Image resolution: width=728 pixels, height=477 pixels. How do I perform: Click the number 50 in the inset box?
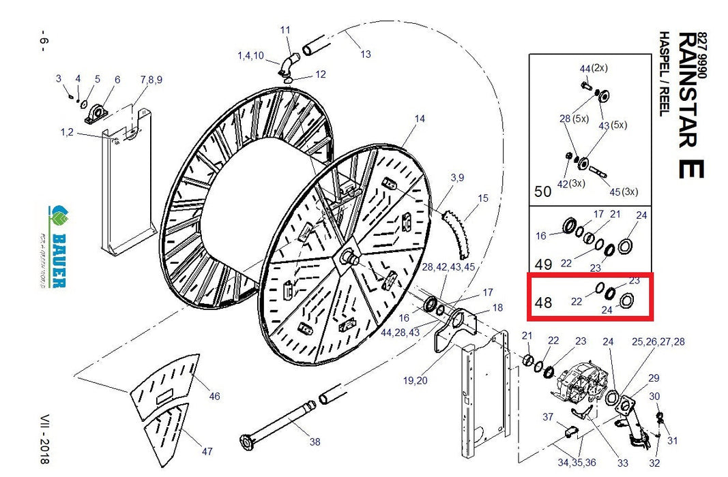point(542,191)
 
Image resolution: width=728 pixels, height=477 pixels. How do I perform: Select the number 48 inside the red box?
point(544,301)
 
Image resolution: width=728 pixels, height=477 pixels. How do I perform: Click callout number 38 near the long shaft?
point(314,442)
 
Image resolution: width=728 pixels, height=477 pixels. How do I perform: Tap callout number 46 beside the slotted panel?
point(215,396)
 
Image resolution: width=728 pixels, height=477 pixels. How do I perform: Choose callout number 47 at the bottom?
point(207,451)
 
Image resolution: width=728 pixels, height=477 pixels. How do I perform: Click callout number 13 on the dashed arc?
point(366,54)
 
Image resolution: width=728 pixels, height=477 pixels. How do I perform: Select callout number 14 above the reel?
point(419,119)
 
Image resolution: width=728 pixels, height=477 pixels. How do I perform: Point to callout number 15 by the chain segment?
point(483,198)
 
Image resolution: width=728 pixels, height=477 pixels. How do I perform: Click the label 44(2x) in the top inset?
point(594,69)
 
